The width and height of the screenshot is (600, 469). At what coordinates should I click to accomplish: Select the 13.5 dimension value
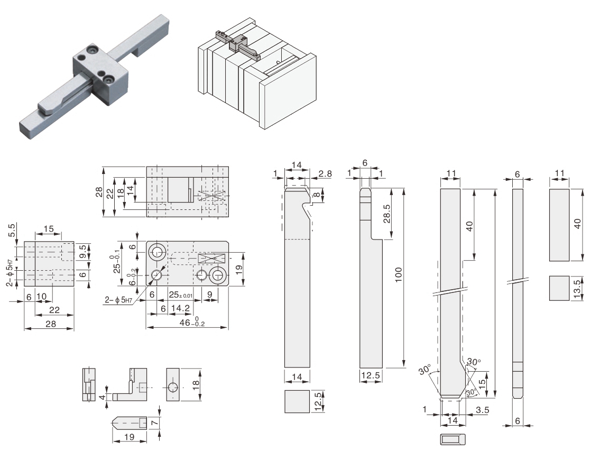coord(577,288)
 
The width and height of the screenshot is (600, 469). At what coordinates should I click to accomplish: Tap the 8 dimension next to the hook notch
coord(316,195)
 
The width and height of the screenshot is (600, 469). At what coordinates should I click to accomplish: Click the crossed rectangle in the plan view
coord(212,259)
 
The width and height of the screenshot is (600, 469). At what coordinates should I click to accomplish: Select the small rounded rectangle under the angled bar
coord(453,439)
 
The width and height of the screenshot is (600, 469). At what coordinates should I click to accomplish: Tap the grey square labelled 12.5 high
coord(297,401)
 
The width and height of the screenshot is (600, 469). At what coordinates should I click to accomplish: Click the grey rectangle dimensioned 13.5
coord(559,288)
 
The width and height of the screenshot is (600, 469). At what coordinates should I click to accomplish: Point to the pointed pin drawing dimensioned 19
coord(130,423)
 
